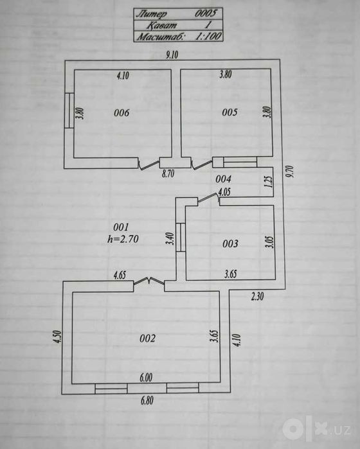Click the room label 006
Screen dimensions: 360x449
coord(122,113)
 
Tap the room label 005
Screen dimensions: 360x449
coord(230,112)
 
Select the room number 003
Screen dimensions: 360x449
coord(230,243)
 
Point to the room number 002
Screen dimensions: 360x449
coord(147,339)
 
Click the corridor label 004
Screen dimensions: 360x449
coord(223,179)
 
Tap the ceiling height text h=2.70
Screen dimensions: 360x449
coord(123,239)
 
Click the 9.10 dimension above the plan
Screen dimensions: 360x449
coord(172,55)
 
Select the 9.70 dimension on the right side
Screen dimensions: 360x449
coord(291,171)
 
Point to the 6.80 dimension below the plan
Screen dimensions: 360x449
coord(147,400)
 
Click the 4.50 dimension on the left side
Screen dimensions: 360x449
coord(57,337)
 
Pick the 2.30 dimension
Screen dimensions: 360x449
coord(257,296)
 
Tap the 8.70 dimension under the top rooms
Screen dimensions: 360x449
coord(168,173)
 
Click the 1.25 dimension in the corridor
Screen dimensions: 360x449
coord(269,182)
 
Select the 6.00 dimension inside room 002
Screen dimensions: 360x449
coord(146,378)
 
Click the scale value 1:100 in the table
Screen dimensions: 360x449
coord(208,36)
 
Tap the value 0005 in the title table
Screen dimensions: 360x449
coord(206,13)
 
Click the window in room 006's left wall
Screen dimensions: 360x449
coord(69,110)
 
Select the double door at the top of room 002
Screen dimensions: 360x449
coord(149,282)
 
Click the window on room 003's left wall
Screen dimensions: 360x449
coord(181,237)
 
